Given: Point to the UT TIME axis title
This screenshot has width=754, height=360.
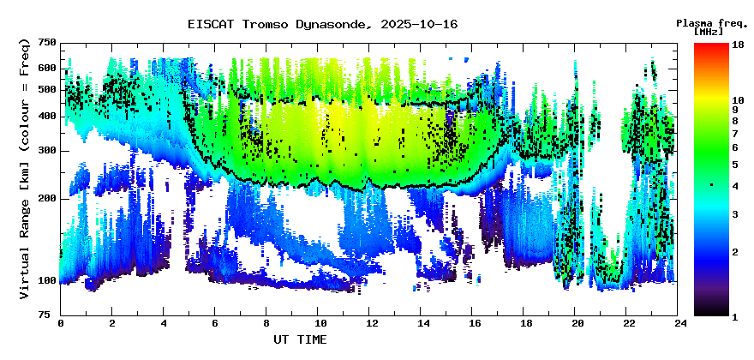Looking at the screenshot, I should tap(300, 340).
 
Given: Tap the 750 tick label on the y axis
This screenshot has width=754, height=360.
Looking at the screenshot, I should tap(47, 43).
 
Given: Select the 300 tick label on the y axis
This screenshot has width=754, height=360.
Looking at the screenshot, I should tap(47, 151).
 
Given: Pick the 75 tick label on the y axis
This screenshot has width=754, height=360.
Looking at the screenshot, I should tap(50, 315).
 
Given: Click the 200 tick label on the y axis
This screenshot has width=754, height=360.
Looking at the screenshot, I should tap(47, 199).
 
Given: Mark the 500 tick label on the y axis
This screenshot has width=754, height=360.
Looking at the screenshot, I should tap(47, 90).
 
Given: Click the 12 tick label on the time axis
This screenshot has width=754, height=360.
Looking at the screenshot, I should tap(370, 323).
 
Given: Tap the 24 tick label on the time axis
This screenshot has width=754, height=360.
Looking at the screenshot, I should tap(679, 323).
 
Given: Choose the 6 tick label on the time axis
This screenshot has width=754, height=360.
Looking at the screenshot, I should tap(215, 323).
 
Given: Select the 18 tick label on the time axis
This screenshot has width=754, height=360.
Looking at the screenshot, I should tap(524, 323).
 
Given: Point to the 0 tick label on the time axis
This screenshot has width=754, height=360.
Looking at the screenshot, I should tap(61, 323).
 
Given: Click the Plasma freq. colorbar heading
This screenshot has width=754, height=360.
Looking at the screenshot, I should tap(709, 22).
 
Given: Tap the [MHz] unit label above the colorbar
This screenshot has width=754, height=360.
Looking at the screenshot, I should tap(709, 31).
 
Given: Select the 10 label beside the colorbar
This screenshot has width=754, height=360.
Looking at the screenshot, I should tap(737, 100).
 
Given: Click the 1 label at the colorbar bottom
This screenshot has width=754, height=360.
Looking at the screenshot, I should tap(734, 316).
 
